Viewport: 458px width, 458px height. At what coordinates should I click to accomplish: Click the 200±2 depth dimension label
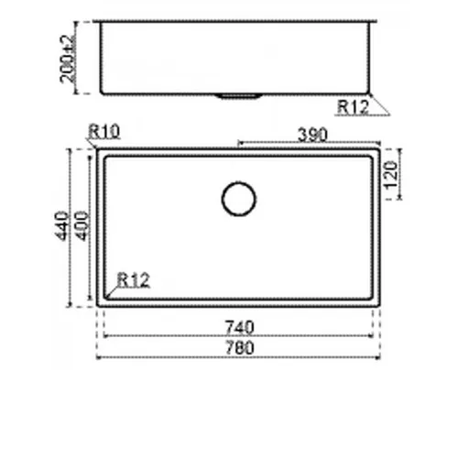pyautogui.click(x=67, y=59)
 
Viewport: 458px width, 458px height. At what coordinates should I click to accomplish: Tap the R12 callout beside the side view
pyautogui.click(x=353, y=107)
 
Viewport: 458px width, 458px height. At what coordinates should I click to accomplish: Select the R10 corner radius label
pyautogui.click(x=104, y=132)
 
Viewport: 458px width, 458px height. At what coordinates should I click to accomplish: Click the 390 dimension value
pyautogui.click(x=312, y=135)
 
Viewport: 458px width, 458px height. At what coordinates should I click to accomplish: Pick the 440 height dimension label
pyautogui.click(x=61, y=225)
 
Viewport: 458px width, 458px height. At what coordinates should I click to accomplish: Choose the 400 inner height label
pyautogui.click(x=82, y=225)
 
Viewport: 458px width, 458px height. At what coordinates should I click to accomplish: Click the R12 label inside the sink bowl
pyautogui.click(x=134, y=280)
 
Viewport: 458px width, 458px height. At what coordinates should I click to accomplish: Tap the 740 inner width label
pyautogui.click(x=239, y=327)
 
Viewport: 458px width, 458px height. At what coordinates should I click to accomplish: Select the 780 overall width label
pyautogui.click(x=239, y=348)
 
